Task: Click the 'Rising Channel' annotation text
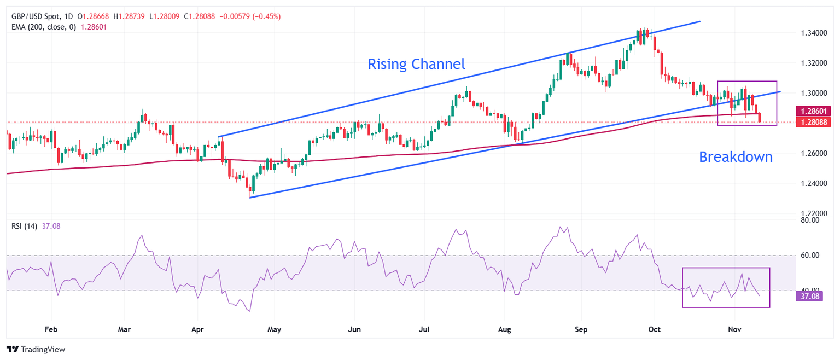416,64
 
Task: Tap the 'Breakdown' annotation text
736,157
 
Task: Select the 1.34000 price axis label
813,33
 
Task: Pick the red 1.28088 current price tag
813,122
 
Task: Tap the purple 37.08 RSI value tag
809,297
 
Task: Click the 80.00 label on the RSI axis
808,220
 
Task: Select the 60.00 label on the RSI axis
808,255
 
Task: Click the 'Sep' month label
581,329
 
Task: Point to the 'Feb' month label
51,329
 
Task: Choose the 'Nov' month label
734,329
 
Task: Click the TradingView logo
36,349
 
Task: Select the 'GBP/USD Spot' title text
36,16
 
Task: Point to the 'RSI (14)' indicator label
24,226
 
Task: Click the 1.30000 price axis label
813,93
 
